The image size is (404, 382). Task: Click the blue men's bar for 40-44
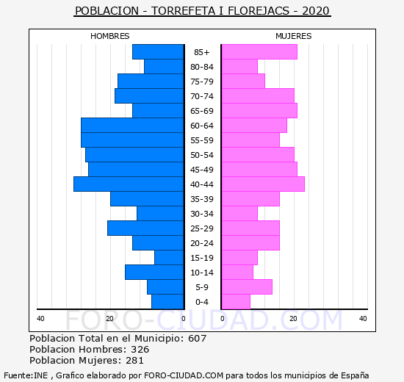(x=129, y=184)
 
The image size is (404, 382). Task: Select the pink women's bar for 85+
(x=260, y=52)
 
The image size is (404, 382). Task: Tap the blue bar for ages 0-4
(x=167, y=302)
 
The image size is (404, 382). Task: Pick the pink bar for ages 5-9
(x=247, y=287)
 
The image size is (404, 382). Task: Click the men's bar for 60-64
(x=132, y=126)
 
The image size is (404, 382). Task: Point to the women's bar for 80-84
(x=239, y=67)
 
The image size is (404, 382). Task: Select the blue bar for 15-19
(x=169, y=258)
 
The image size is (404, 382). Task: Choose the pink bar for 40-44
(x=263, y=184)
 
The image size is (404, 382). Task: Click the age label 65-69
(x=202, y=111)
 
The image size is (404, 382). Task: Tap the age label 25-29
(x=202, y=228)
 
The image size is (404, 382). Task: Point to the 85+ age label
(x=202, y=52)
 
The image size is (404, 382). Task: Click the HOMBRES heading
(x=110, y=36)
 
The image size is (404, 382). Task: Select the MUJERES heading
(x=294, y=36)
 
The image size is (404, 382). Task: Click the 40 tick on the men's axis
(x=40, y=319)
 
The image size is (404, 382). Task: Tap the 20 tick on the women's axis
(x=293, y=319)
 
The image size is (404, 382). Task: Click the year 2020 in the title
(x=316, y=11)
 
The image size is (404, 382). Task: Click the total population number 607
(x=198, y=338)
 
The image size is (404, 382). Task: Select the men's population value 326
(x=140, y=349)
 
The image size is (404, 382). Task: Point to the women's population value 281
(x=134, y=361)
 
